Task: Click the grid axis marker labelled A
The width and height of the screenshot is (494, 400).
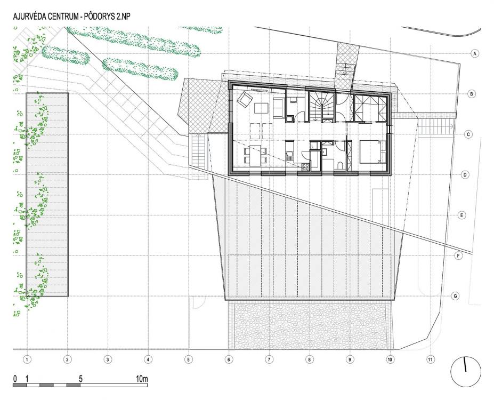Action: (x=475, y=53)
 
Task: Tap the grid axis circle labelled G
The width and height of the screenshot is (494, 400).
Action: (x=455, y=296)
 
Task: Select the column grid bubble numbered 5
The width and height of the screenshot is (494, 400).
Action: (x=189, y=359)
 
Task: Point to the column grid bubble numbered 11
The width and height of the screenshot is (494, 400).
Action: (x=430, y=359)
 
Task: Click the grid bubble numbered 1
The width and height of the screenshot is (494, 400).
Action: (x=27, y=359)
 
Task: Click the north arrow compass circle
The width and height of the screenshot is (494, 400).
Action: (x=466, y=371)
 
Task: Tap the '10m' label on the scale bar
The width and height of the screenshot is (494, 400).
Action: (x=142, y=379)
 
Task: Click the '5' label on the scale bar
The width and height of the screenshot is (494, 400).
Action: (x=80, y=379)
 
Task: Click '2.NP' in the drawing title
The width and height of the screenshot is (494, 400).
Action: (x=122, y=17)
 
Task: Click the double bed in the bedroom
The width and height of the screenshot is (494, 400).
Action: (x=372, y=151)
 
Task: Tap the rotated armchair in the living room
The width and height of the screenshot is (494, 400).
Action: (x=245, y=99)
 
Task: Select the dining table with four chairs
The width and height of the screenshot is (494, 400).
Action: (x=255, y=155)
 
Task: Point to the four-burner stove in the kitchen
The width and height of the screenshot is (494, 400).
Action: (x=305, y=167)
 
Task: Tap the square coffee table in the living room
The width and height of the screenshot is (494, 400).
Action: (x=262, y=109)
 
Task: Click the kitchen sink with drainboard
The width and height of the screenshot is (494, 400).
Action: (x=289, y=155)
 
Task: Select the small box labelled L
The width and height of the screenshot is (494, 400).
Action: (x=314, y=146)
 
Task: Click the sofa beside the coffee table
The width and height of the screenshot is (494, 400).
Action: (x=278, y=108)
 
